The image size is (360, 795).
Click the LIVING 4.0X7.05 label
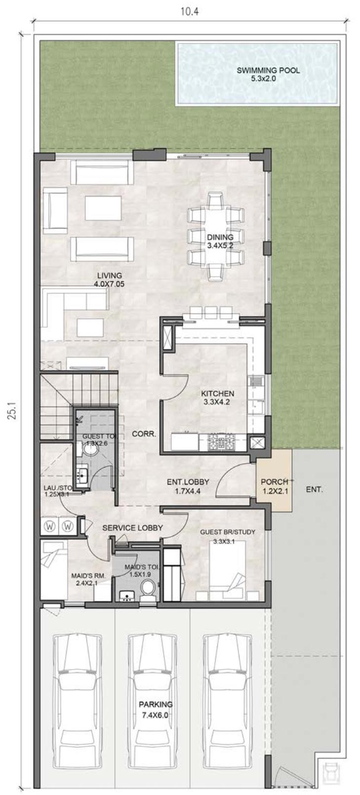pos(109,280)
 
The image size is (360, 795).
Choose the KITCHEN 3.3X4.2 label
pos(217,398)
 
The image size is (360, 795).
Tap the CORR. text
pos(144,434)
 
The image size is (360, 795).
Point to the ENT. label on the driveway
pos(314,490)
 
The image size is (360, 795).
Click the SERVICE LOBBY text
pos(132,528)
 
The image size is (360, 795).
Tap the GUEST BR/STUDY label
pos(227,537)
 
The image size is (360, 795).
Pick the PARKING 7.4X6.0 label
pos(156,709)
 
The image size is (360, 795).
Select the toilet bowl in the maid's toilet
pos(147,590)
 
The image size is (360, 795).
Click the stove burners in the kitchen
pos(222,442)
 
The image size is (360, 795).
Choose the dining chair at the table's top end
pos(216,200)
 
